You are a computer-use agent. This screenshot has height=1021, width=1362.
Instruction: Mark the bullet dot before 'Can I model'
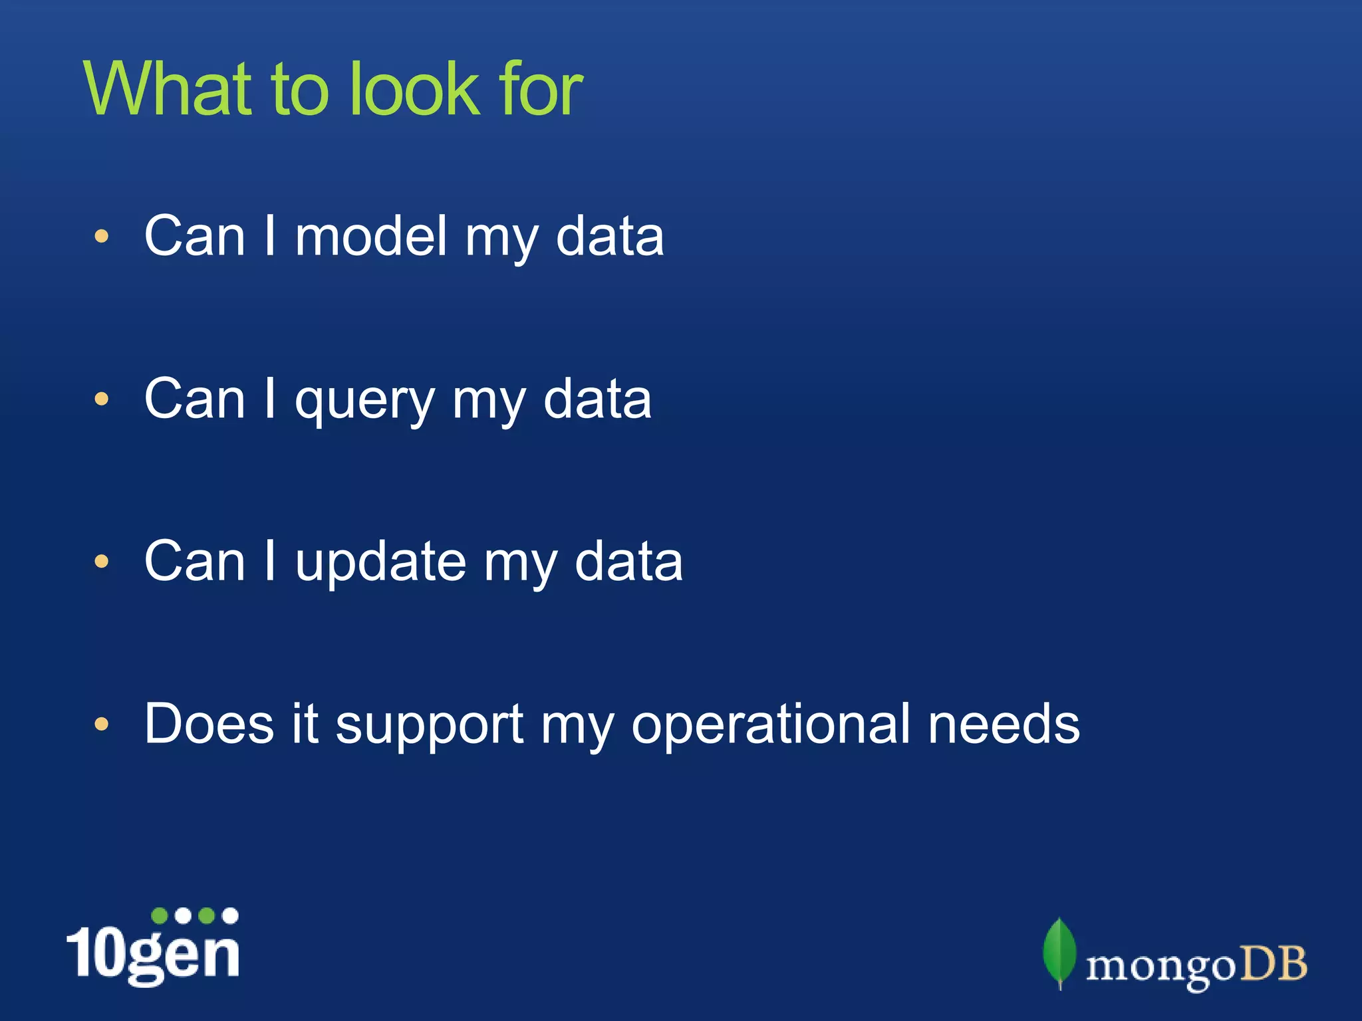101,237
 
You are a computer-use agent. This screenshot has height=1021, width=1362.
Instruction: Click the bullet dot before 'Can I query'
101,399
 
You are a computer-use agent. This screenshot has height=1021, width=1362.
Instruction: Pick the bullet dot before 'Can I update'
101,562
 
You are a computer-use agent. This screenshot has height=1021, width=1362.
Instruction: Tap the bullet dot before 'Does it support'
101,724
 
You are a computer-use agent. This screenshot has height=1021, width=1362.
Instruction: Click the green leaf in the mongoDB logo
1059,952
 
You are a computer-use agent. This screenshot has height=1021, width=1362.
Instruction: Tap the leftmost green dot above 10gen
160,916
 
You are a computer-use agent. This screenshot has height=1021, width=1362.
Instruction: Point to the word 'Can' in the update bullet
194,562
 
